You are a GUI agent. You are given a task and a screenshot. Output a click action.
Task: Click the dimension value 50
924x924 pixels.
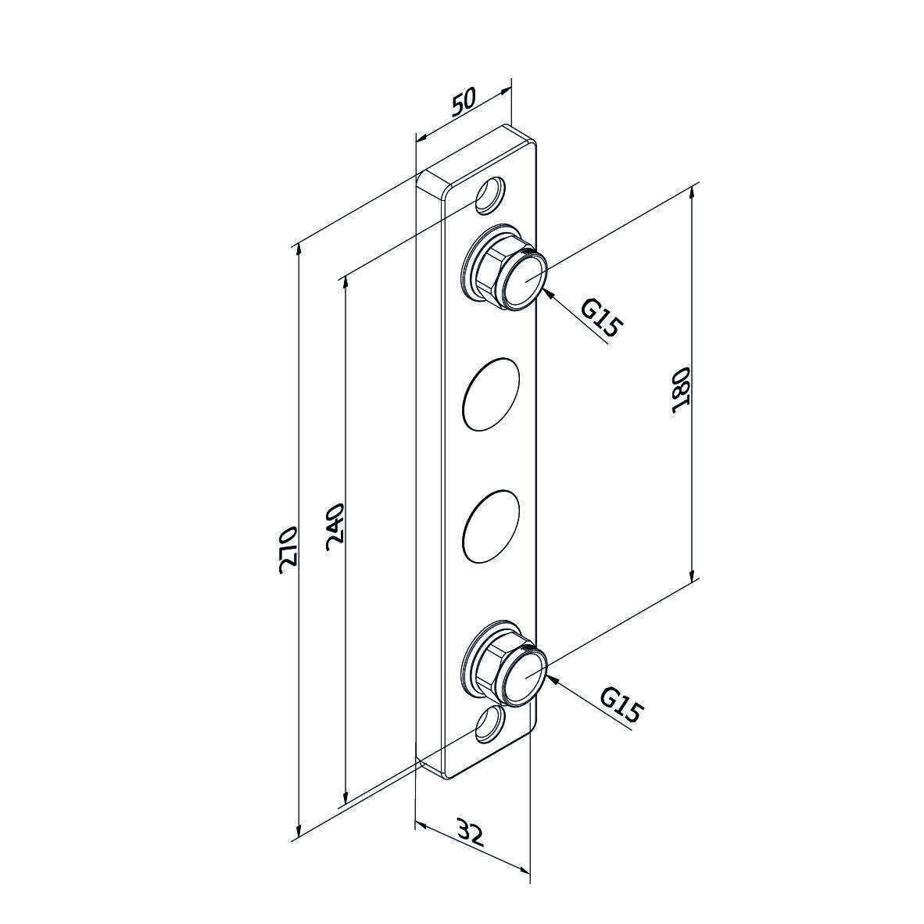[x=464, y=101]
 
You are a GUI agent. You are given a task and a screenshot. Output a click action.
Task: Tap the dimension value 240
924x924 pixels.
[x=334, y=526]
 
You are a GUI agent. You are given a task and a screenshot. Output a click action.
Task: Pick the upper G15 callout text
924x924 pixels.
[x=601, y=317]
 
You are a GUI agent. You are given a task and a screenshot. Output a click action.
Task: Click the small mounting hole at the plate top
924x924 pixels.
[x=490, y=195]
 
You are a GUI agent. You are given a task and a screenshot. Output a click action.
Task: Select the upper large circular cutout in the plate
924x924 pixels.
[x=492, y=394]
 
